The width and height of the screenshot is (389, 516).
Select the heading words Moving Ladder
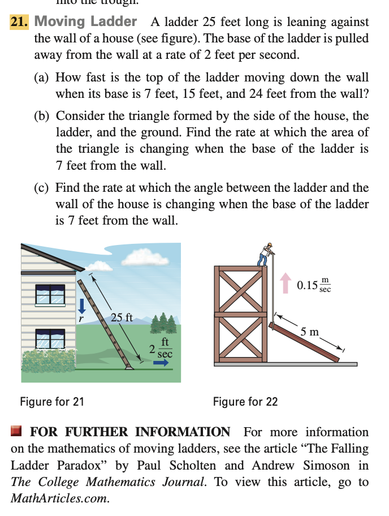(85, 22)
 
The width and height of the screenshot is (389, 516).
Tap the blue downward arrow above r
(82, 306)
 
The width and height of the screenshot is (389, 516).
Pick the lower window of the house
(50, 338)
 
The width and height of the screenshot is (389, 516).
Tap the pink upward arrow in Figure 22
(287, 289)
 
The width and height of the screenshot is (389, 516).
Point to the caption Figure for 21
(52, 402)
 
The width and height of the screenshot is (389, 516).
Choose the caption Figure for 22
(245, 402)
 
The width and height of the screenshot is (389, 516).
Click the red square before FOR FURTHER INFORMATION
(16, 432)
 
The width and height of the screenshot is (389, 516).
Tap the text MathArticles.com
(59, 499)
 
